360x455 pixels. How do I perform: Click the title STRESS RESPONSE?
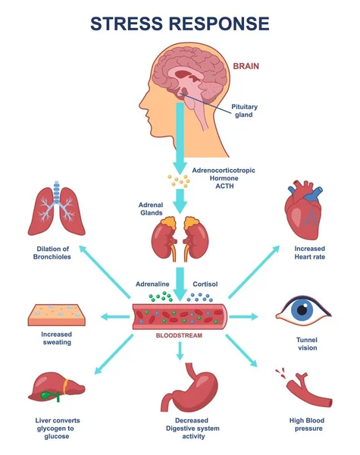[x=180, y=23]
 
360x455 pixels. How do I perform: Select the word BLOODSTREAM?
[x=180, y=334]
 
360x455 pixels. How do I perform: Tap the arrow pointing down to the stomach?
[x=180, y=350]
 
